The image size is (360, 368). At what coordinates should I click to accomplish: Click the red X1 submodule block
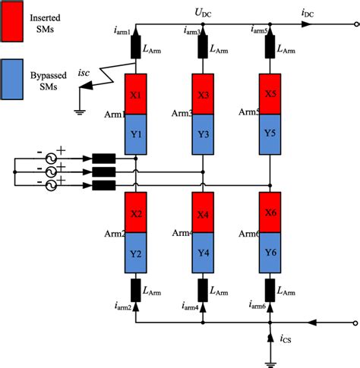[x=135, y=93]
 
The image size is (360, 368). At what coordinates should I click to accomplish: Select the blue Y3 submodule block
[x=202, y=134]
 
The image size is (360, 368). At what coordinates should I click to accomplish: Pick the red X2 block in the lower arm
[x=135, y=215]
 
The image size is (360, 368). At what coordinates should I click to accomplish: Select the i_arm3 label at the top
[x=192, y=31]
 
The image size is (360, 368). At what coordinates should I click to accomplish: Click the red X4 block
[x=202, y=215]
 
